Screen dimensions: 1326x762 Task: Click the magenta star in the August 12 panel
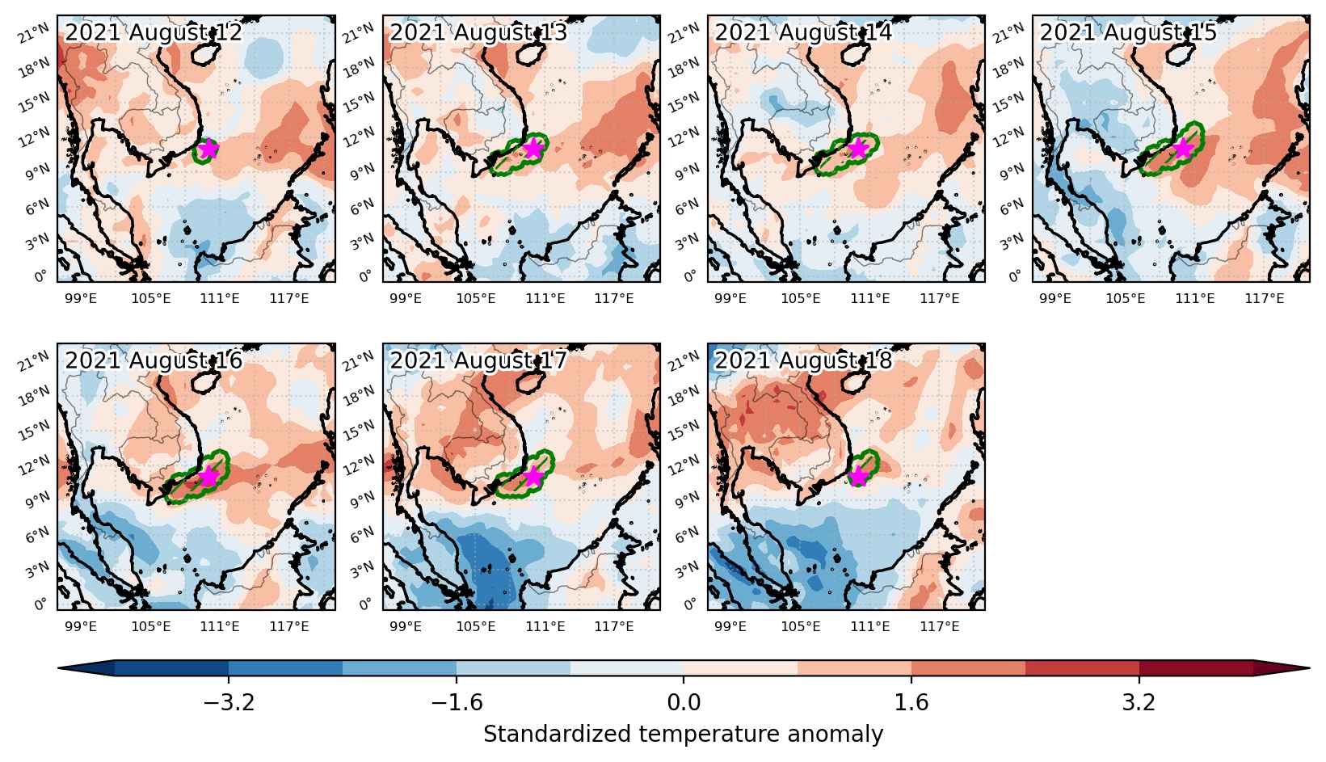[x=208, y=149]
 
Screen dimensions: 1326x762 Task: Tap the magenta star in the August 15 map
[x=1183, y=149]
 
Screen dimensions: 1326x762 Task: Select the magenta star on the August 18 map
[x=858, y=476]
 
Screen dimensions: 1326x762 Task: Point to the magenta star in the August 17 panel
[x=533, y=476]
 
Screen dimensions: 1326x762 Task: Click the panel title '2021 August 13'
[x=478, y=32]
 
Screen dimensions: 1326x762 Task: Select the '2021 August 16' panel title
[x=154, y=360]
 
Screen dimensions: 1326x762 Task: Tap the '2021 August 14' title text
[x=803, y=32]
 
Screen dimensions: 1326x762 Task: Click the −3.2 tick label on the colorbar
[x=229, y=702]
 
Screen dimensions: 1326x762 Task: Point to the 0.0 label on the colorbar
[x=684, y=702]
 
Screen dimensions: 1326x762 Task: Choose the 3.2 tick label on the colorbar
[x=1139, y=702]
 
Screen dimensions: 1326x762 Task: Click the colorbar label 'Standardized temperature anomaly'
[x=683, y=735]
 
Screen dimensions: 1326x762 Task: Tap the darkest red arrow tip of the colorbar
[x=1282, y=667]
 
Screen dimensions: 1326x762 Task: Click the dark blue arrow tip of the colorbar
[x=86, y=667]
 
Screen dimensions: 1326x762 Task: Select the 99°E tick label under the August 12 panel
[x=81, y=298]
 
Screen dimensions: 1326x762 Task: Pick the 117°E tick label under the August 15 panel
[x=1265, y=298]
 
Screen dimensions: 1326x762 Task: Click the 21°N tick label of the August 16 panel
[x=33, y=360]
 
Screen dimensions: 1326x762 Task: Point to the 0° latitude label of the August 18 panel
[x=691, y=604]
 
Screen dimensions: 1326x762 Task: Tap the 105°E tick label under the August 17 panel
[x=475, y=626]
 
